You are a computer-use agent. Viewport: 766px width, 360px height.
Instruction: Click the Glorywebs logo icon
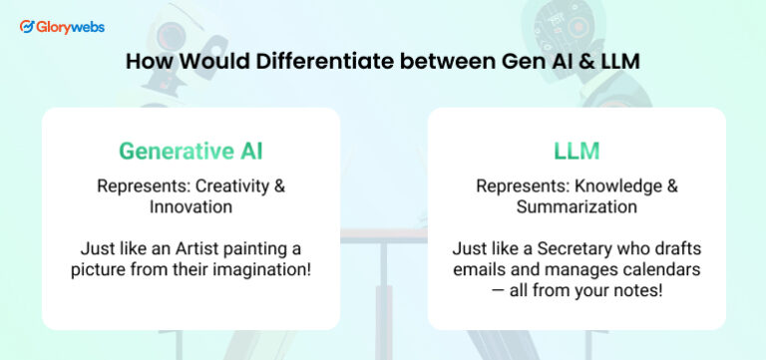27,27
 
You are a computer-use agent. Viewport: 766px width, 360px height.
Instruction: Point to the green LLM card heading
575,152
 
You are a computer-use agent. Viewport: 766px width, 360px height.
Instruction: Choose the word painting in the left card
271,247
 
